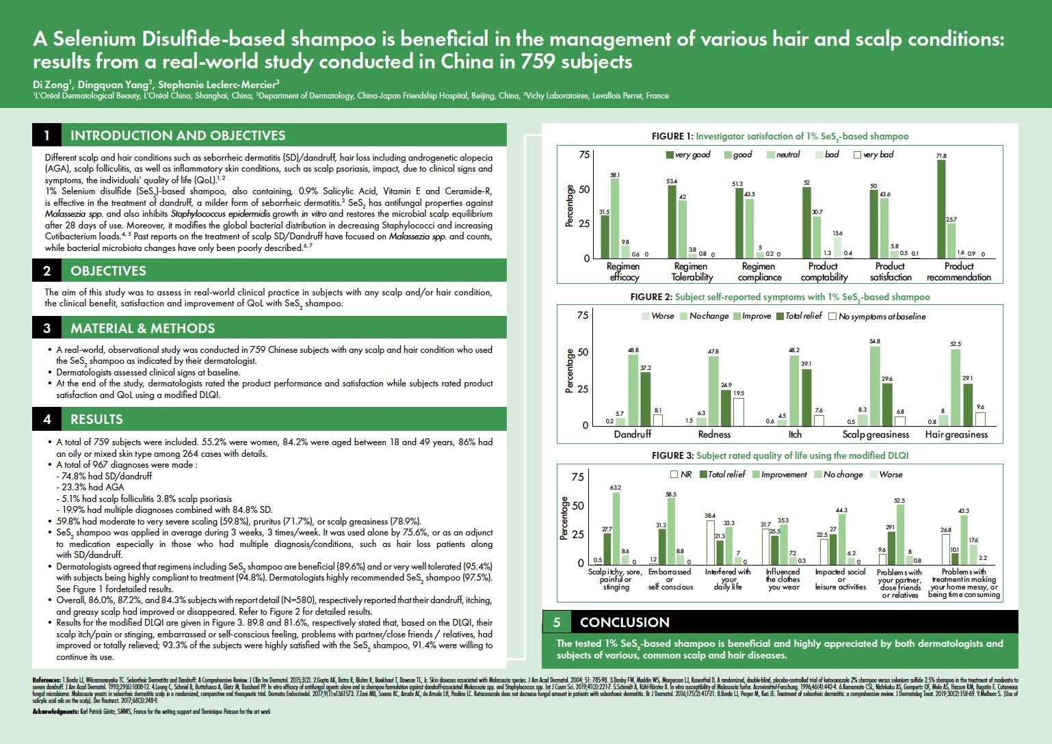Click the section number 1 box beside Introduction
click(47, 135)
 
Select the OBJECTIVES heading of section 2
click(108, 271)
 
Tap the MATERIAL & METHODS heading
click(142, 328)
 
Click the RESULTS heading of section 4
click(96, 419)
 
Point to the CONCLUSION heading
click(624, 622)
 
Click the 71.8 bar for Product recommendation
click(941, 209)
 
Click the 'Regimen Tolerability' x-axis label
click(691, 271)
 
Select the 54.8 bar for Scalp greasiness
click(875, 386)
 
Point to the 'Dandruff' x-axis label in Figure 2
click(633, 434)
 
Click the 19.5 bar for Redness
click(738, 412)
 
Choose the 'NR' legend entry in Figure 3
click(681, 474)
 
